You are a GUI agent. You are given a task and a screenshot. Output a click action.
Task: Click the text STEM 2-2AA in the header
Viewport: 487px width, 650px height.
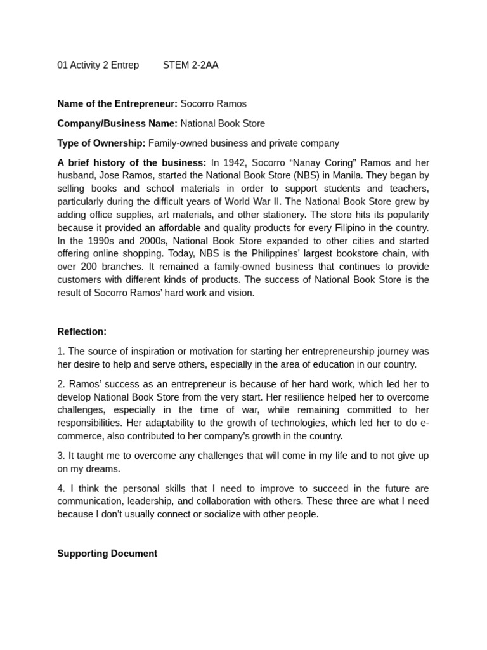pos(190,65)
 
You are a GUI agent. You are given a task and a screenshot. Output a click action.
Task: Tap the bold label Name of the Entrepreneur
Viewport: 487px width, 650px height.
pos(117,104)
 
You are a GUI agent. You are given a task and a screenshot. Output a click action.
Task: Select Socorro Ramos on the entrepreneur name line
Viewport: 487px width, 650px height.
pos(213,104)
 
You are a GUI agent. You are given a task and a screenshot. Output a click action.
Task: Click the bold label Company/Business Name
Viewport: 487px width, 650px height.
pos(117,124)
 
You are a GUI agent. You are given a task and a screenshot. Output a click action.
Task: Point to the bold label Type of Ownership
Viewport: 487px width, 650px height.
pos(101,143)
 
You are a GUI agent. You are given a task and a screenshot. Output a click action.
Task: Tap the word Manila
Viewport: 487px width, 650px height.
pos(343,175)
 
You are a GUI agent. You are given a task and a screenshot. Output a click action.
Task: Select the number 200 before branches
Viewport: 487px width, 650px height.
pos(90,267)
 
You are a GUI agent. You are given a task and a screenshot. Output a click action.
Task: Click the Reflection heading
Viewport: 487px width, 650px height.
pos(82,331)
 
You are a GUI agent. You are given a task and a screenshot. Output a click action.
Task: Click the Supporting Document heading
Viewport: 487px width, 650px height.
pos(107,554)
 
